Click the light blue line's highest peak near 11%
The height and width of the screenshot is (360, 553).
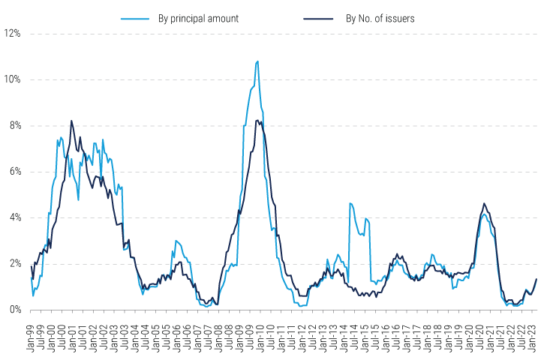click(x=258, y=61)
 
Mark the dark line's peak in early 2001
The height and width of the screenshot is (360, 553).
click(x=72, y=121)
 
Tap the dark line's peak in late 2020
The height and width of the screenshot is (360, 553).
click(x=484, y=203)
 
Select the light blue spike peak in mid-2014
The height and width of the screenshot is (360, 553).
click(x=350, y=203)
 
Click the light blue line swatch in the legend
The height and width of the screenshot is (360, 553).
click(x=135, y=18)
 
